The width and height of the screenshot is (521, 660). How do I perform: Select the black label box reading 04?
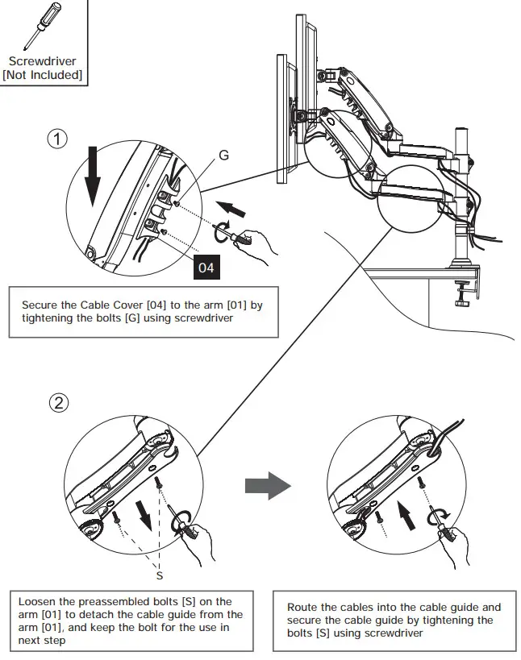206,267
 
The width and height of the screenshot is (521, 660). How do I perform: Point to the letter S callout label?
160,575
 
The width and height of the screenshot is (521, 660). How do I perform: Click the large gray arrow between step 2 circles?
266,486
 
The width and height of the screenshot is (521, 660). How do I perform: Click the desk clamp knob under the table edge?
462,300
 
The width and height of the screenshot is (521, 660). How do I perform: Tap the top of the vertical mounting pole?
463,129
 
